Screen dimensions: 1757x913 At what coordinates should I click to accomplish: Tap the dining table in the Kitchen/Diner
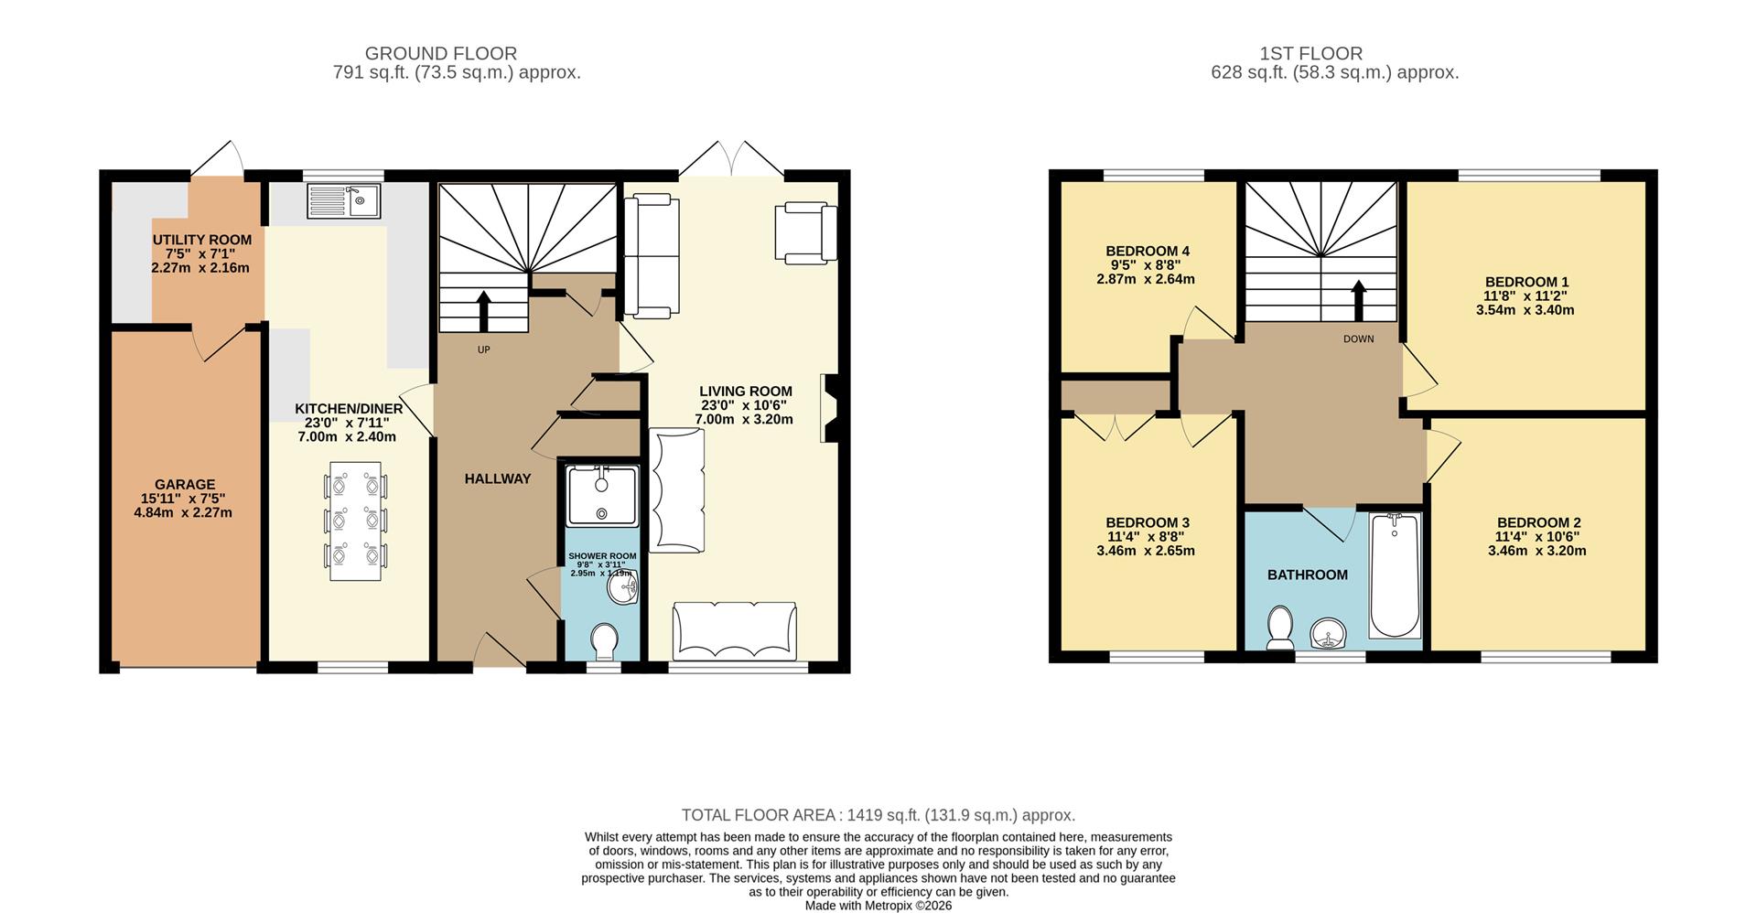click(x=355, y=521)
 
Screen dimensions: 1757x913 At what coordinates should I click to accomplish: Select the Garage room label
click(x=185, y=485)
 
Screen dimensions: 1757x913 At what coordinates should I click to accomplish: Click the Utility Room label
click(x=202, y=240)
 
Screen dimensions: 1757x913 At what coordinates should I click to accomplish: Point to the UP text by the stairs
click(x=484, y=349)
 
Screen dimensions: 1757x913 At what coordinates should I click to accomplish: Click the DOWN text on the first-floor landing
click(x=1359, y=338)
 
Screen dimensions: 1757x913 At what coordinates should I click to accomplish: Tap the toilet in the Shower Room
click(x=605, y=641)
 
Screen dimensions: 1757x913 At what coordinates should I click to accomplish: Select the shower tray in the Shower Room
click(x=602, y=496)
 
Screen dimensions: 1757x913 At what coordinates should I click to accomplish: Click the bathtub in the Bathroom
click(x=1395, y=575)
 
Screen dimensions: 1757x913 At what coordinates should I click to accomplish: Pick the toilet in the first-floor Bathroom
click(x=1279, y=628)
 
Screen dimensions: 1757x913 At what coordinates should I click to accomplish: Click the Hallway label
click(x=498, y=478)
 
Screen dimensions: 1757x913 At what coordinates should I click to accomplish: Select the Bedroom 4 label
click(x=1148, y=251)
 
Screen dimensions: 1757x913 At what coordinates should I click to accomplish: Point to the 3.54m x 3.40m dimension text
click(x=1525, y=310)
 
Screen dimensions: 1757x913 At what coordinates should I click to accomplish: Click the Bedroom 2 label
click(x=1539, y=523)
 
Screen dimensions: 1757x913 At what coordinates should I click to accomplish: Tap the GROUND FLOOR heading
click(x=441, y=54)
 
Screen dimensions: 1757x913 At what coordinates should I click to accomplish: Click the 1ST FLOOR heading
click(x=1311, y=54)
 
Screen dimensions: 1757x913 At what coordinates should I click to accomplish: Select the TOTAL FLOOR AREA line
click(x=878, y=815)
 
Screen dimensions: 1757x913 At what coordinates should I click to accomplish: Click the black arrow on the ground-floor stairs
click(x=484, y=311)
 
